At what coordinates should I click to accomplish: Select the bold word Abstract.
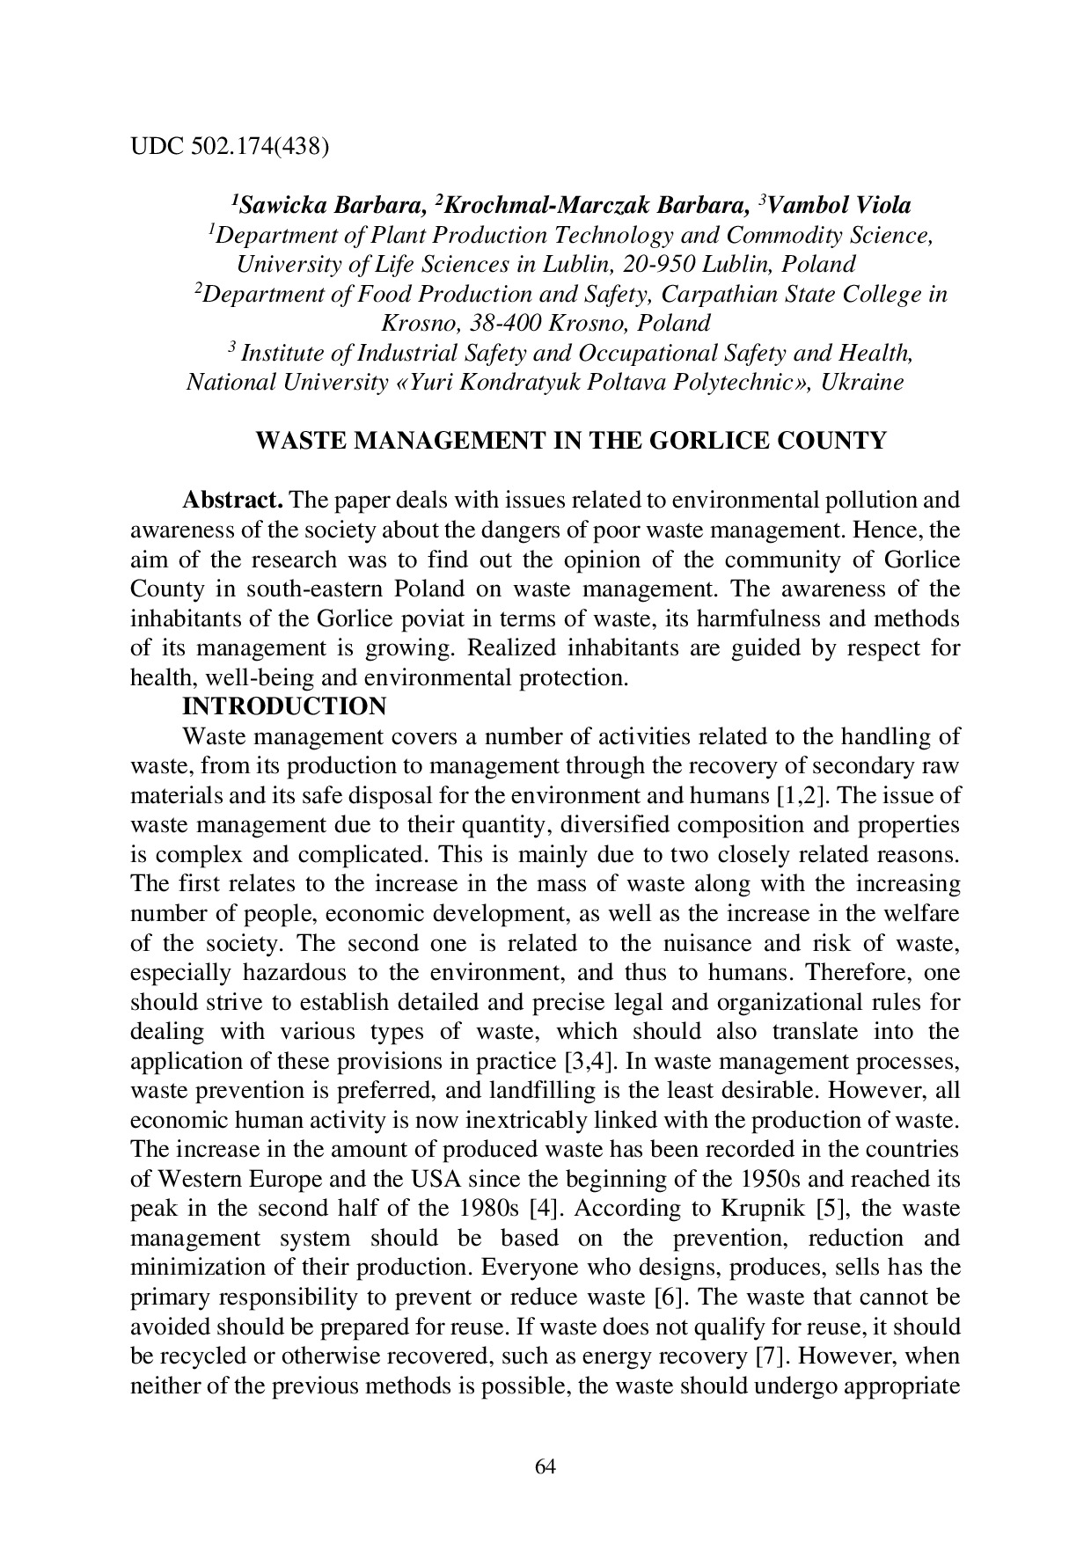pyautogui.click(x=232, y=501)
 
